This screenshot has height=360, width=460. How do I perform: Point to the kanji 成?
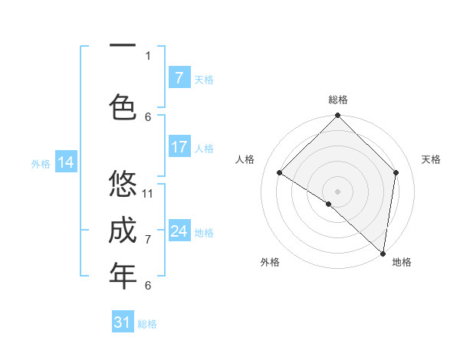123,230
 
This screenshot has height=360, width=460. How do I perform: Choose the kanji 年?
123,276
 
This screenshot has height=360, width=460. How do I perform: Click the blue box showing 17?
179,147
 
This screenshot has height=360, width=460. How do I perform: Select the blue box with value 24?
179,231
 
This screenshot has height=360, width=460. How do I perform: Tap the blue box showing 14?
66,162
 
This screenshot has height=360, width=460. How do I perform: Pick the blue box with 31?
123,322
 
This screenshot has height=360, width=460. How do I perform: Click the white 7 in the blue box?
179,78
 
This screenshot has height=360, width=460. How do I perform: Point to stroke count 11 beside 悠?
148,193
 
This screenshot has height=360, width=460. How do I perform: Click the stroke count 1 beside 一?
148,55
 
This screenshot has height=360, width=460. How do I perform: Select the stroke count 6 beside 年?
148,285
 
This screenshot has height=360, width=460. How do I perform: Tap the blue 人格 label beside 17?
204,148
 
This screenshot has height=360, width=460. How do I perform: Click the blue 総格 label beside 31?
147,324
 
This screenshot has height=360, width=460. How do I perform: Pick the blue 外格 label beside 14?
40,163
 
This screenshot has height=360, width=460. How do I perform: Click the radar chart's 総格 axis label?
337,100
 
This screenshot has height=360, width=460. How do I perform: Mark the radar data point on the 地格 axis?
383,253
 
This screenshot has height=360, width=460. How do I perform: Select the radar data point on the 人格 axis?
280,173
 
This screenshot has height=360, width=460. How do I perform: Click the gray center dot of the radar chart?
337,191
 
